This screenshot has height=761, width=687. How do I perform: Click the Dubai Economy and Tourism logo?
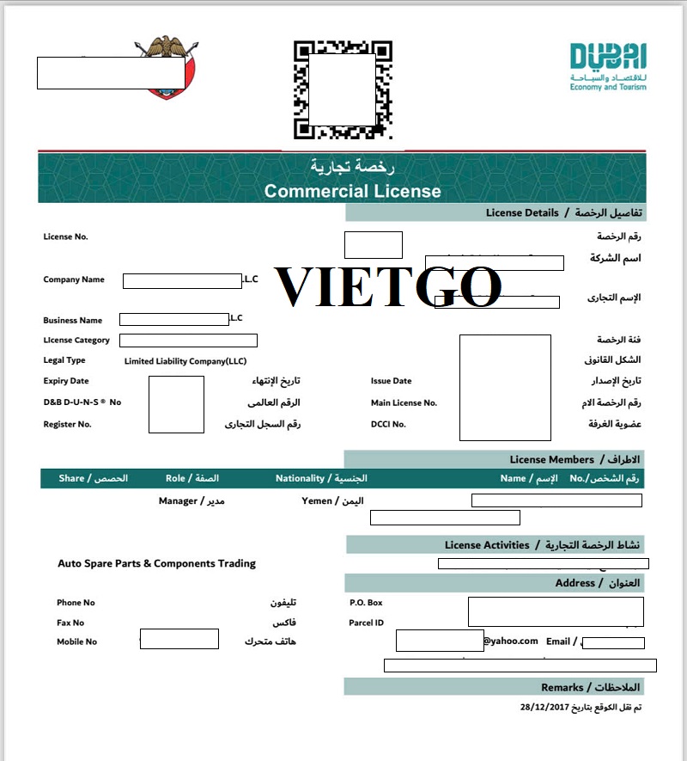pos(608,66)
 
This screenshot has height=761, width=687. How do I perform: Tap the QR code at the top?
pos(343,89)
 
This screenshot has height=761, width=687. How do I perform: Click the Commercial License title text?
pos(352,191)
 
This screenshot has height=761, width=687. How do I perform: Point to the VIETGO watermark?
pos(387,286)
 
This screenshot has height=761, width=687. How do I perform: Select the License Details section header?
pos(522,212)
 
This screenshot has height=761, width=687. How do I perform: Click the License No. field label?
pos(65,237)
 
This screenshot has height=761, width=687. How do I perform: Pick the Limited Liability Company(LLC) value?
pos(185,361)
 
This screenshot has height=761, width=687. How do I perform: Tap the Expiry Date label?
pos(66,381)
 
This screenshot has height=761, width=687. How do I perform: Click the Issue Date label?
pos(391,381)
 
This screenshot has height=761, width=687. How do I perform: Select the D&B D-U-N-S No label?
pos(82,402)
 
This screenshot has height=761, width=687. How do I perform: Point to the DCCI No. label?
pos(388,424)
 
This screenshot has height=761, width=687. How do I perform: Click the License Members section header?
pos(551,459)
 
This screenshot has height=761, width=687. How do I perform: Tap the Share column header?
pos(71,478)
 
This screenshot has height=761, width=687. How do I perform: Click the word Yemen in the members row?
pos(316,500)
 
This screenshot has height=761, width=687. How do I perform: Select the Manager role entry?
pos(178,500)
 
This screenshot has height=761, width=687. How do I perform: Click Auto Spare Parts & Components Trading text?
pos(156,563)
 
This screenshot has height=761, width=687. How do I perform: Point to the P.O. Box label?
pos(366,603)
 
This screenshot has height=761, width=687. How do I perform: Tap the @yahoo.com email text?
pos(510,641)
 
